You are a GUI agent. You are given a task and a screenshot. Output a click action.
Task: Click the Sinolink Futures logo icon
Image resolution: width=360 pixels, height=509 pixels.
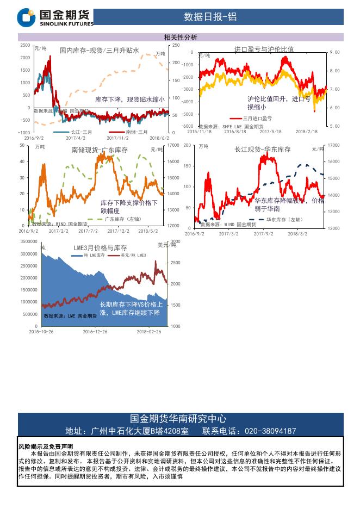tap(27, 17)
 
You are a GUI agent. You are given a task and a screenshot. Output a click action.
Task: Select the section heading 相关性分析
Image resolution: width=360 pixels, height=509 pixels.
tap(180, 38)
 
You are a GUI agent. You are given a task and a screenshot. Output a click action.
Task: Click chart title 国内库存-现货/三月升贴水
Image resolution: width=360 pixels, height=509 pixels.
tap(100, 51)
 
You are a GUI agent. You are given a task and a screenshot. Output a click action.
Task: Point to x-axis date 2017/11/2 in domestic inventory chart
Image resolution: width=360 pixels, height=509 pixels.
tap(118, 138)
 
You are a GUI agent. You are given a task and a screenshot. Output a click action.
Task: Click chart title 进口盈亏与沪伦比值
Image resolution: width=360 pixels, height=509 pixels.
tap(264, 49)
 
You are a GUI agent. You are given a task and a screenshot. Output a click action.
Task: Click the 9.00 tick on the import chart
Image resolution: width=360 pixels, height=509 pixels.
tap(335, 52)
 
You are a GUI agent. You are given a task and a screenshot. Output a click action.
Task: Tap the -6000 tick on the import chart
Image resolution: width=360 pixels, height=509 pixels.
tap(187, 126)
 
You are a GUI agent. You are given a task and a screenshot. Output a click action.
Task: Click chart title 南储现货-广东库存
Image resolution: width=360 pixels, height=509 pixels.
tap(100, 150)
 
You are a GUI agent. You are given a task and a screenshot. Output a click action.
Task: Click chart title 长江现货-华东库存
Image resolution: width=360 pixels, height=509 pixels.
tap(263, 150)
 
